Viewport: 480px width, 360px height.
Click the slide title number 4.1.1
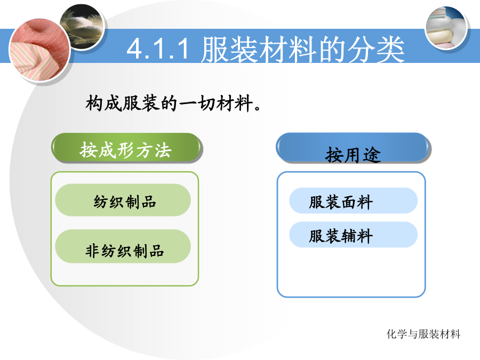pos(158,49)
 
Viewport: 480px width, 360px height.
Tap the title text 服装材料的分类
pos(303,49)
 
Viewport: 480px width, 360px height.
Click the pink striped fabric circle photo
pos(40,51)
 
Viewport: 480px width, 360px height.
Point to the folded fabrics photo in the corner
pos(446,28)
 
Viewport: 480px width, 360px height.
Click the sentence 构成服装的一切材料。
pos(173,103)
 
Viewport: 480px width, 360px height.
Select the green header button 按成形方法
pos(126,148)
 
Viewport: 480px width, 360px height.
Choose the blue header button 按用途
pos(353,148)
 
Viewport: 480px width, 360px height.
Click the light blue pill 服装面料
pos(353,201)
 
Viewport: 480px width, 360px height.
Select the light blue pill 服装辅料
pos(353,235)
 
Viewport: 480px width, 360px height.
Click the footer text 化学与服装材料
pos(423,334)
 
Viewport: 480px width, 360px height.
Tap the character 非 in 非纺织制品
pos(93,251)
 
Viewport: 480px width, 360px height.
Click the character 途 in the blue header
pos(372,155)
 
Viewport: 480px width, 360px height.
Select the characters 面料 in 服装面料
pos(357,202)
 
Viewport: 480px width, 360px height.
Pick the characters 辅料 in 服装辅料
pos(357,236)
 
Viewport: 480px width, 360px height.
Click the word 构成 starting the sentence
pos(103,103)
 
